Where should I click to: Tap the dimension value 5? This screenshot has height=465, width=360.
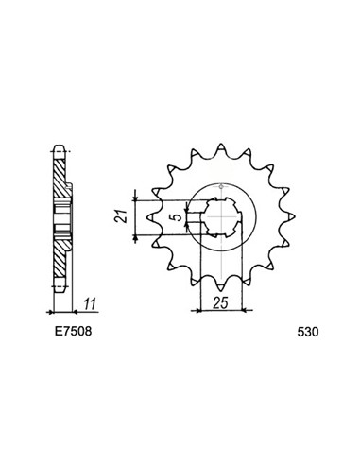coord(179,217)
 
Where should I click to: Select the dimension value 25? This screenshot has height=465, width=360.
coord(220,303)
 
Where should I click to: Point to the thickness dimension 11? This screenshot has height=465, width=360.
coord(90,303)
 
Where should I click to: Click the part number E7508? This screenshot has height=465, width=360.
coord(73,331)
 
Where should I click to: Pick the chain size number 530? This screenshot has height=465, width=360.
coord(308,332)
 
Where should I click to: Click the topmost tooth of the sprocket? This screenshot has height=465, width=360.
coord(221,149)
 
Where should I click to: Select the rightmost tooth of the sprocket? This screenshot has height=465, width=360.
coord(289,216)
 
